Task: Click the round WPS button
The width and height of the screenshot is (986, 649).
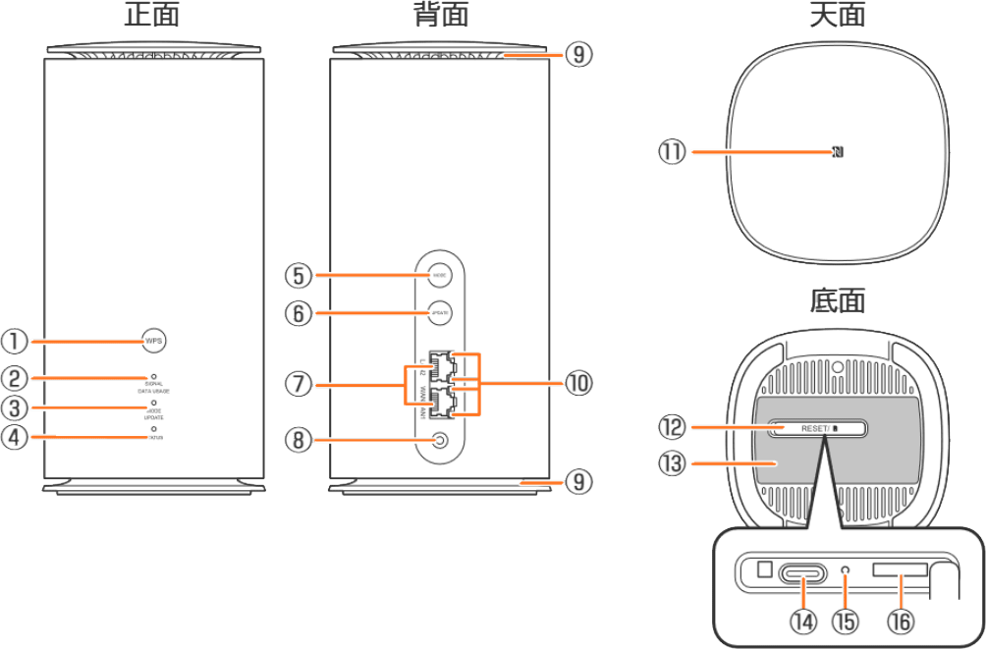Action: click(154, 341)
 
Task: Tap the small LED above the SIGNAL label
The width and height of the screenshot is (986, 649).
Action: click(154, 376)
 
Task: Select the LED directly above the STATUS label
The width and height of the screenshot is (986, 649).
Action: click(154, 430)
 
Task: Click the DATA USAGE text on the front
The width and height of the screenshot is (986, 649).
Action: click(154, 391)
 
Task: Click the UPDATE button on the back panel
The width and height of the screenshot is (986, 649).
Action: click(440, 313)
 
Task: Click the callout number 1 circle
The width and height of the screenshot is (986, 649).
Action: click(16, 341)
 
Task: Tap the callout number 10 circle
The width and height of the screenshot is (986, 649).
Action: click(579, 384)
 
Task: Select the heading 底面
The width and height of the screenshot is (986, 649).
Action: click(837, 300)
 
